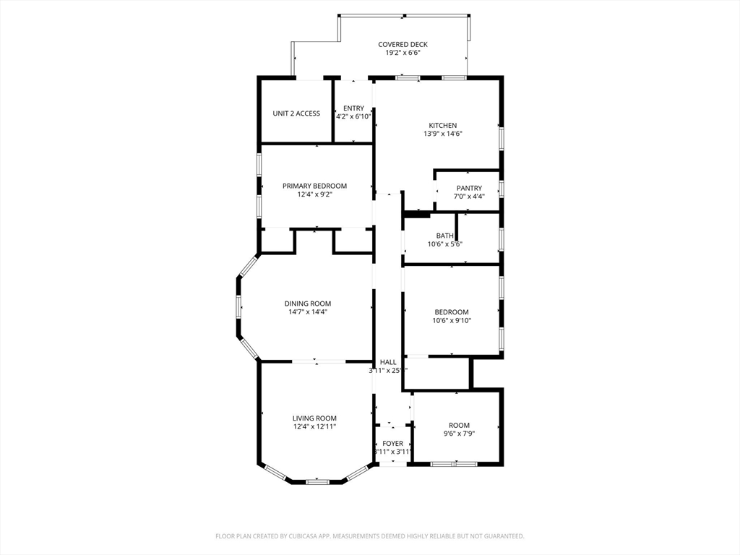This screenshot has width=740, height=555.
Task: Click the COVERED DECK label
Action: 403,45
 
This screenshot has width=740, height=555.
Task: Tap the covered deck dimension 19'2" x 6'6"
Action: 403,53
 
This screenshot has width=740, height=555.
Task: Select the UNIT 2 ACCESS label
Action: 296,113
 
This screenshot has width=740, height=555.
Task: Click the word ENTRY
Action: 353,108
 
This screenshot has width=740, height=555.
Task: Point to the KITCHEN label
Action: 442,125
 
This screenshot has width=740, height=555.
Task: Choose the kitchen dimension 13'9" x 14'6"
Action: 442,134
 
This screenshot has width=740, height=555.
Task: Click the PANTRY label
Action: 469,188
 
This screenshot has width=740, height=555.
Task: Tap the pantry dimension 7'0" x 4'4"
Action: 469,197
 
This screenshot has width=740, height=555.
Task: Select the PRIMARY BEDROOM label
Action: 314,186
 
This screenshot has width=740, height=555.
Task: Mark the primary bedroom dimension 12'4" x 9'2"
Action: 314,194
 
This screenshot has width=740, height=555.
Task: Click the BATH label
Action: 444,236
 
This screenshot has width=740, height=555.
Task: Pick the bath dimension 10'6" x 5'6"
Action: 444,244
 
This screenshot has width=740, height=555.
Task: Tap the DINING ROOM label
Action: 307,304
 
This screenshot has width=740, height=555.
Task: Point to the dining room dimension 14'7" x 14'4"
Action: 307,312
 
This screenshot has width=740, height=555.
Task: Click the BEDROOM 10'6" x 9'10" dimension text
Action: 452,321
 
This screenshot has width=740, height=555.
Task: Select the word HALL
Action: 388,362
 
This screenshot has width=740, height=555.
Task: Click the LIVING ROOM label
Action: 314,418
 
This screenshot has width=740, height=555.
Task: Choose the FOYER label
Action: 392,444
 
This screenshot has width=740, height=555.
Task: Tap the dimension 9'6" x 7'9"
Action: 459,434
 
